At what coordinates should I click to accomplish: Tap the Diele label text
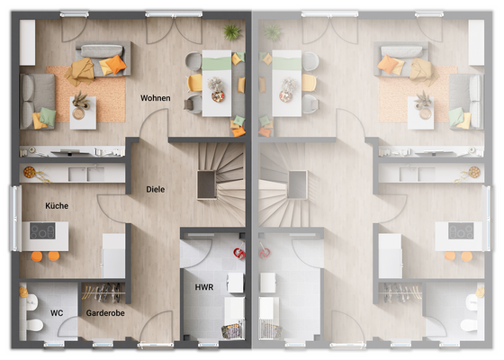156,189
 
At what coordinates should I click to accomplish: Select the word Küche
57,206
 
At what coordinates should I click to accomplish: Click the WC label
57,313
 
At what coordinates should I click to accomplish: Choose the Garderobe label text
105,313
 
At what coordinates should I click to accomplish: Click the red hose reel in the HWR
238,255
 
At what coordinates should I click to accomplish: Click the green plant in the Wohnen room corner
232,32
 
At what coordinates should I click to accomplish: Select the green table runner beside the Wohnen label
215,62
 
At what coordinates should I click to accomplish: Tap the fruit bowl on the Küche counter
30,170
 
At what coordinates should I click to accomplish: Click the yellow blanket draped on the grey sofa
84,67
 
